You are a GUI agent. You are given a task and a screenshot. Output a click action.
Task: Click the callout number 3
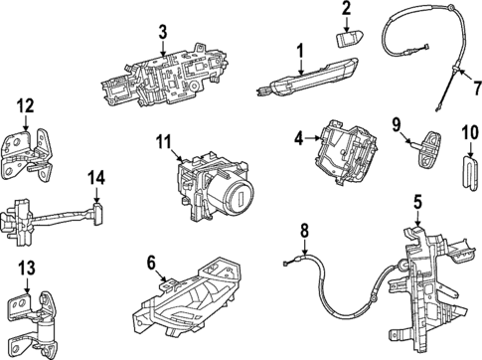[163, 33]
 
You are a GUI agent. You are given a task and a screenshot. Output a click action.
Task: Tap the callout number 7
[477, 89]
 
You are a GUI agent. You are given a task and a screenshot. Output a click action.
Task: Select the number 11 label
[164, 142]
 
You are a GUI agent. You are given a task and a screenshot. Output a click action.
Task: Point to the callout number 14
[96, 178]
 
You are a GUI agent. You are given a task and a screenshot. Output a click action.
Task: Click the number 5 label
[417, 202]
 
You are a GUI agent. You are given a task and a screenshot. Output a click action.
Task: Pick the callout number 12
[25, 106]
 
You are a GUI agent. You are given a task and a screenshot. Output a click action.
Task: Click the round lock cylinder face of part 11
[238, 197]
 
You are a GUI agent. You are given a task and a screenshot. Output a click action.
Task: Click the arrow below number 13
[27, 285]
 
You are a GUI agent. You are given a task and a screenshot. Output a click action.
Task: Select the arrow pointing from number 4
[312, 139]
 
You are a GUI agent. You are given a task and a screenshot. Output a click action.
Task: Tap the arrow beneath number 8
[304, 247]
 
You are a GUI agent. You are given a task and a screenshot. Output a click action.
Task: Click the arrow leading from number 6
[162, 276]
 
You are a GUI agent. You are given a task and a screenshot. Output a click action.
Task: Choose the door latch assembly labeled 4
[345, 152]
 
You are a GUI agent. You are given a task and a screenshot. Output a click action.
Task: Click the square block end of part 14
[98, 214]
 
